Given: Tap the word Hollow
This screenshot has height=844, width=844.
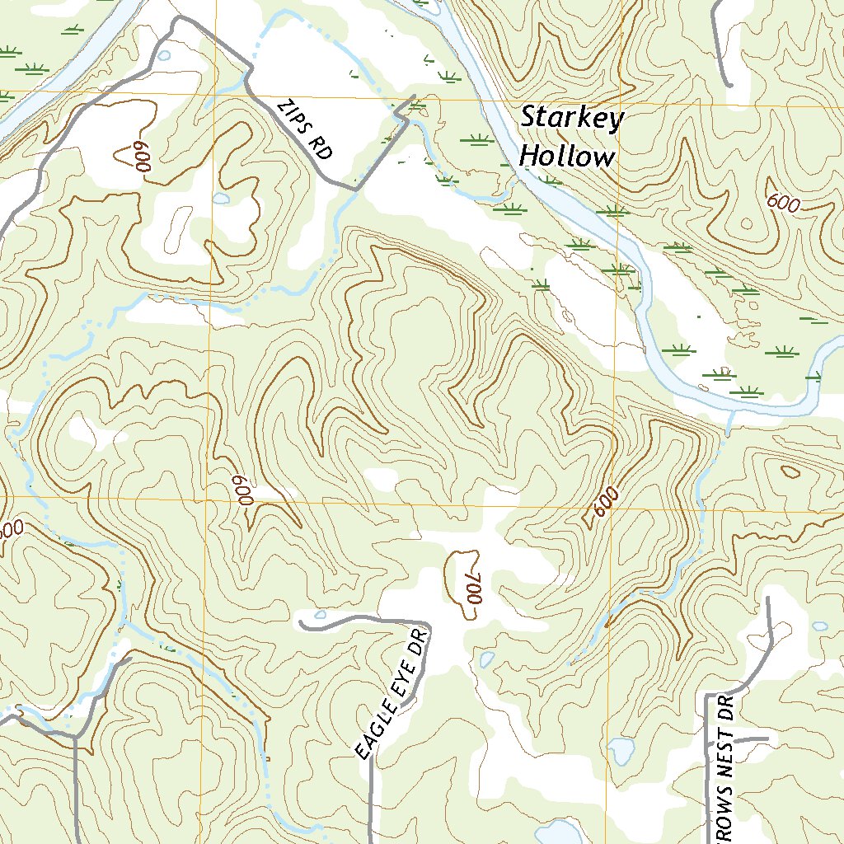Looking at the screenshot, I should click(x=567, y=157).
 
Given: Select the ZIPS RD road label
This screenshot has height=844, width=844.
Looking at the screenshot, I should click(x=306, y=129).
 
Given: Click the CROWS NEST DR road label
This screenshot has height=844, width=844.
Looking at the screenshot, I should click(x=724, y=767).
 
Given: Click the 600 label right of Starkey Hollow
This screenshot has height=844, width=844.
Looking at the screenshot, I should click(x=781, y=203).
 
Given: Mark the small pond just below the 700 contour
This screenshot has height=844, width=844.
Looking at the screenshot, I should click(x=487, y=659).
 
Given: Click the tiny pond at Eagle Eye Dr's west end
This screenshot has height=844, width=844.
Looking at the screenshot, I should click(x=320, y=615).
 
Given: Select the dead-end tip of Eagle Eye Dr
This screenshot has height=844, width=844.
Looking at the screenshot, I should click(x=302, y=625).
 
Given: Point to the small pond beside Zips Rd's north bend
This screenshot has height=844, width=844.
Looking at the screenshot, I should click(x=164, y=56).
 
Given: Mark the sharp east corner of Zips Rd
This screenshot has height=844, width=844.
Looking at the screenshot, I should click(x=407, y=120).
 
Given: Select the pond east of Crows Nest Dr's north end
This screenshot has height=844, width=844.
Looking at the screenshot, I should click(x=819, y=626).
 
